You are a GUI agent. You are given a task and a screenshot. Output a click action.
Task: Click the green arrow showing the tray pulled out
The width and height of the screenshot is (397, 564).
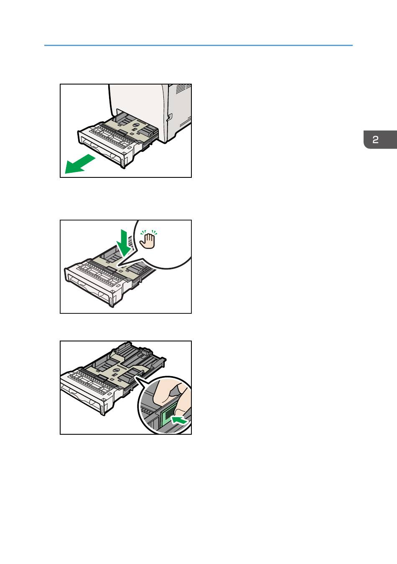(x=79, y=164)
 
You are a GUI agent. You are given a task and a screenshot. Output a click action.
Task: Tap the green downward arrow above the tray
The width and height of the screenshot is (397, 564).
(x=124, y=243)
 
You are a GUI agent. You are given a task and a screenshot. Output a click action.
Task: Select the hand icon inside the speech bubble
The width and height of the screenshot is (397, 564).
(x=148, y=241)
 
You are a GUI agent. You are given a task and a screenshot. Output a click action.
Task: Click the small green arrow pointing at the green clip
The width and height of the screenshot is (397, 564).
(x=179, y=420)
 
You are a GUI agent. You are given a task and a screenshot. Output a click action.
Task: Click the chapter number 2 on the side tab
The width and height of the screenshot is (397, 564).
(x=375, y=140)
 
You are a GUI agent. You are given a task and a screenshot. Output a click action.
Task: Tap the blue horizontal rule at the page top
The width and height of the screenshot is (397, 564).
(x=198, y=45)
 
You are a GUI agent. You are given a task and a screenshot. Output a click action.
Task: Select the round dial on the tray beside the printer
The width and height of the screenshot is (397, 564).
(x=136, y=125)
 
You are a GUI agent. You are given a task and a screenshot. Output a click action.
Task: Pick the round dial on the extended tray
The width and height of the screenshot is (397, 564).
(x=117, y=370)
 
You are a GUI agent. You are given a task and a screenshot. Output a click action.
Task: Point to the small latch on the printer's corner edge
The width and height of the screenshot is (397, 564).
(x=169, y=117)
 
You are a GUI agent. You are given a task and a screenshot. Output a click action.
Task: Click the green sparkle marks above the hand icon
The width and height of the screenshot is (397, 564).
(x=149, y=232)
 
